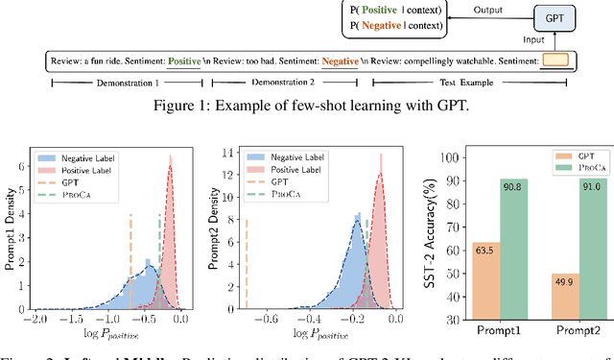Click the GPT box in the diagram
577,19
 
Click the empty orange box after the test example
555,61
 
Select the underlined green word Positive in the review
183,62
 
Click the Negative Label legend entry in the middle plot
273,155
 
